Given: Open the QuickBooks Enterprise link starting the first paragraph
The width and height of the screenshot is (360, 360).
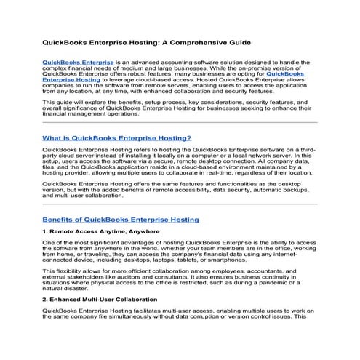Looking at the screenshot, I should [x=78, y=63].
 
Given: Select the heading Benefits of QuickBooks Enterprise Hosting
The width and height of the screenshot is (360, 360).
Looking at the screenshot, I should [x=120, y=219].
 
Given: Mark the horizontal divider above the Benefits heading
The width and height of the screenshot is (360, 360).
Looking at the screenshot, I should [x=180, y=205].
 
